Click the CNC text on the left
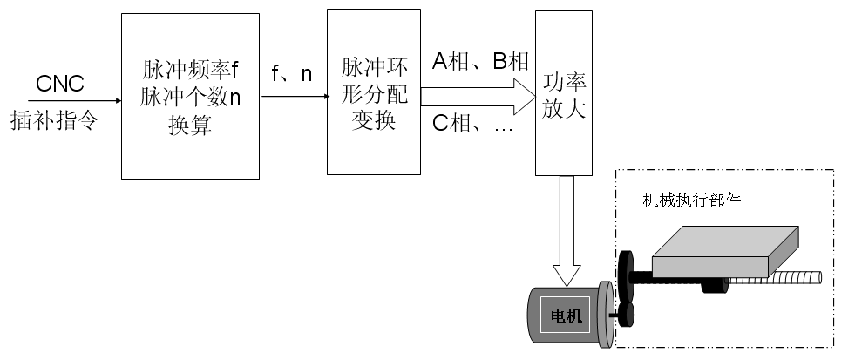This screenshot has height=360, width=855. coord(60,85)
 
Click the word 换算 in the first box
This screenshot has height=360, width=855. coord(190,123)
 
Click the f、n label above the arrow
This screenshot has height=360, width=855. coord(291,75)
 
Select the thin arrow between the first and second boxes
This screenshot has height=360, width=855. coord(293,96)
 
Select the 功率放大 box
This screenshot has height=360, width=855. coord(563,92)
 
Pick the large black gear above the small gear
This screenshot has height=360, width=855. coord(625,274)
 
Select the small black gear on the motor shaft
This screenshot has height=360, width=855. coord(628,316)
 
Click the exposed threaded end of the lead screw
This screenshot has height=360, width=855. coord(784,278)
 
